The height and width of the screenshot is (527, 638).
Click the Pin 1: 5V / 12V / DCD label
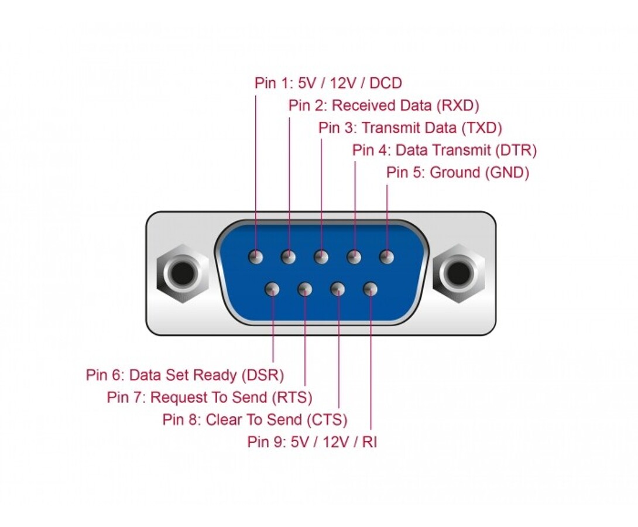click(328, 83)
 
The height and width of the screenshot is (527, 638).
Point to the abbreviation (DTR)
click(515, 150)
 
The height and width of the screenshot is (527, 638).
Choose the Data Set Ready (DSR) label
click(184, 375)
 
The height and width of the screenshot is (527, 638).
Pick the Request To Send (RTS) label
click(209, 398)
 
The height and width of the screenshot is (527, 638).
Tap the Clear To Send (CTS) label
click(255, 420)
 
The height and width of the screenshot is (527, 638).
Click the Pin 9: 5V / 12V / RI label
click(312, 442)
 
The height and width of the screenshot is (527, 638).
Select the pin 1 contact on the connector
click(256, 257)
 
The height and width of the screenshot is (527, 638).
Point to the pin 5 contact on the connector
click(386, 256)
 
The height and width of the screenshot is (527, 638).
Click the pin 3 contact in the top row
click(321, 257)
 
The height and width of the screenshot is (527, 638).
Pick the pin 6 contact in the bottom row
click(272, 289)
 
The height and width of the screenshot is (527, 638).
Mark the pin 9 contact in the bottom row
click(370, 289)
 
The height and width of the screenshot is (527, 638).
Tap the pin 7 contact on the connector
click(305, 289)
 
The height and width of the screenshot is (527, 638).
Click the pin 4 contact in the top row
click(354, 257)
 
